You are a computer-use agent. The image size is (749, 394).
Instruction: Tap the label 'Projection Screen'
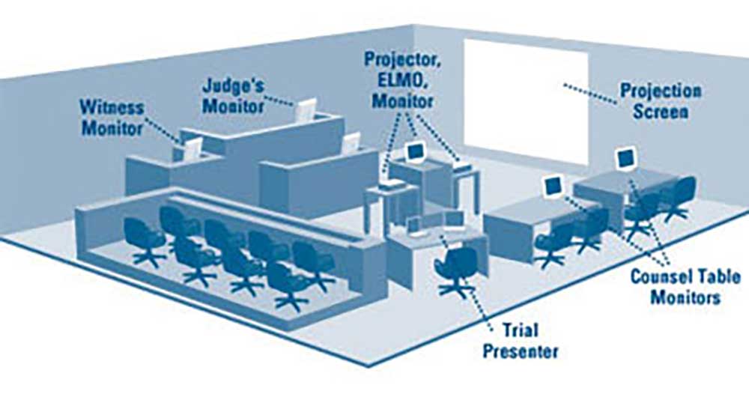tap(660, 102)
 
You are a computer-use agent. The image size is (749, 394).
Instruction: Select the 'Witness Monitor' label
tap(112, 118)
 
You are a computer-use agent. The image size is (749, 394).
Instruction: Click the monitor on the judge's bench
tap(306, 111)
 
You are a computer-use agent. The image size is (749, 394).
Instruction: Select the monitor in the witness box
tap(192, 148)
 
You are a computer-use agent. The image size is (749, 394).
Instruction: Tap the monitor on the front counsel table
tap(554, 185)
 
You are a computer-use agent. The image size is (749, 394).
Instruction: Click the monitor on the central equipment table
tap(416, 151)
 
